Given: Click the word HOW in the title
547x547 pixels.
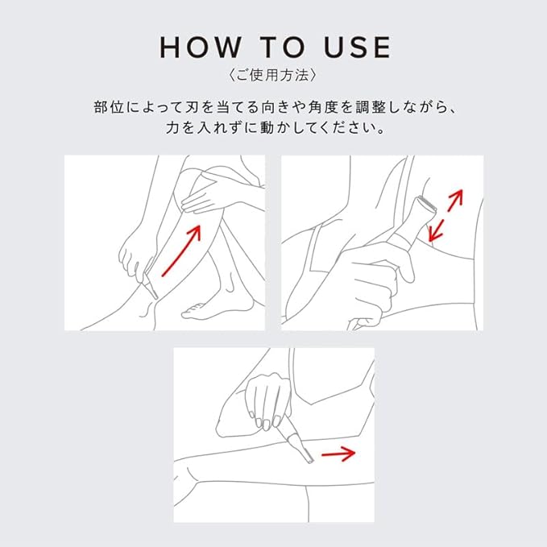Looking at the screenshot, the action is [x=201, y=47].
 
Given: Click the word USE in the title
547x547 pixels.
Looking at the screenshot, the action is [x=357, y=47].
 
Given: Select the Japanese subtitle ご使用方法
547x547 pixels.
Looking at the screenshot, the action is [x=273, y=76].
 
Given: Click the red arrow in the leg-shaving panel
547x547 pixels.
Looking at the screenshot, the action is [x=181, y=251].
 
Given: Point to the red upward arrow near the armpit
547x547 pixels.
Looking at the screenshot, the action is [x=455, y=200].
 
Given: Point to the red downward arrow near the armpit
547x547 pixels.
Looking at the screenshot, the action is [x=436, y=230].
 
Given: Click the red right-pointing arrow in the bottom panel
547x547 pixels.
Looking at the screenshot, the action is [x=338, y=454].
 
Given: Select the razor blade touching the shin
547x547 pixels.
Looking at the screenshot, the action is [x=150, y=287].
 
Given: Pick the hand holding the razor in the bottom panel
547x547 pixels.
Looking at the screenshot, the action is [x=267, y=401].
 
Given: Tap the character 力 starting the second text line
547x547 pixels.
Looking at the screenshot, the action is [x=173, y=128].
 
